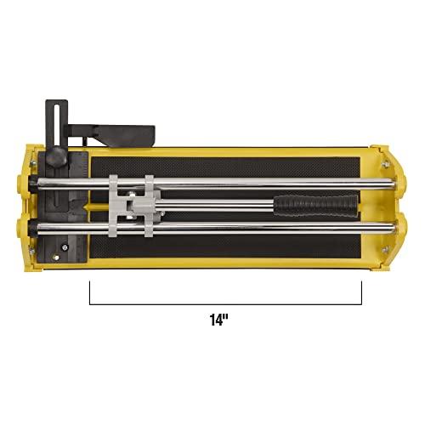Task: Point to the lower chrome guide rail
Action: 255,228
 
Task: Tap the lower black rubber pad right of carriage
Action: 255,244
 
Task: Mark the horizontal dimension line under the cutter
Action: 225,303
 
